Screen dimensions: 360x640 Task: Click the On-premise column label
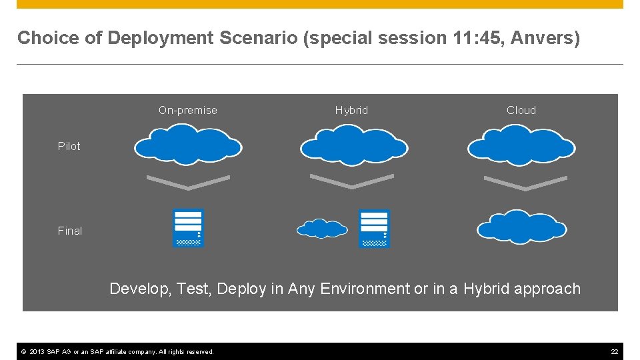(187, 110)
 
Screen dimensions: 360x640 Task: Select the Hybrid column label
(351, 110)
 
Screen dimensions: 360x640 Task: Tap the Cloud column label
(521, 110)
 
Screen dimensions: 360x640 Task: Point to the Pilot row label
(69, 146)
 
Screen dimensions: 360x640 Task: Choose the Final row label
(70, 231)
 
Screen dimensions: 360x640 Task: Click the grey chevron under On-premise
(188, 181)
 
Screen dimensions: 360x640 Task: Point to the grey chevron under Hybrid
(352, 181)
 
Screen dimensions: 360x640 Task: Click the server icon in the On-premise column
(188, 229)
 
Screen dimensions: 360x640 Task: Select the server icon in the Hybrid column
(374, 229)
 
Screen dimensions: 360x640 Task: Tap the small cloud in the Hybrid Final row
(322, 229)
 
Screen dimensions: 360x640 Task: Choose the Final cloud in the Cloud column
(521, 227)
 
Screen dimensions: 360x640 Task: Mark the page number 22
(615, 351)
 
